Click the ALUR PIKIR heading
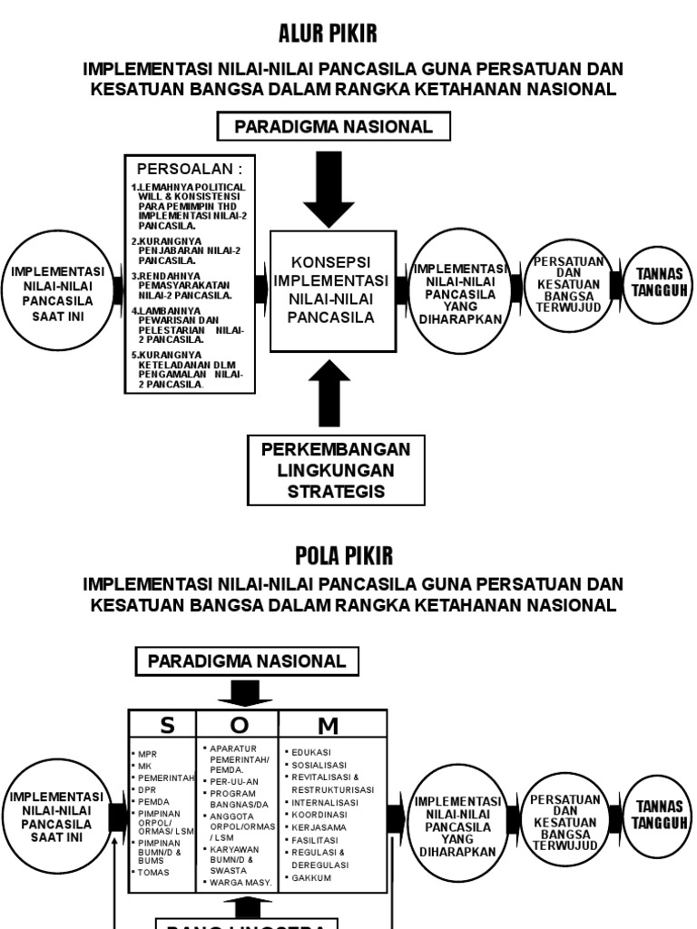pos(327,34)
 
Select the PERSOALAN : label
pos(189,169)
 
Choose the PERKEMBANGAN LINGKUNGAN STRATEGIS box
pos(335,471)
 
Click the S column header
pos(166,724)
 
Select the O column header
pos(238,724)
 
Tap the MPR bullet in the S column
pos(149,754)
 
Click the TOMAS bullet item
pos(153,873)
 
